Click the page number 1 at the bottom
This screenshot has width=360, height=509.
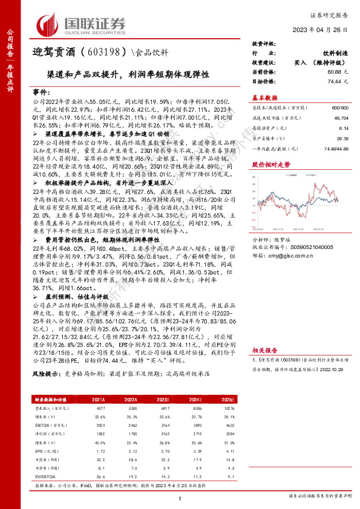[x=180, y=498]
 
